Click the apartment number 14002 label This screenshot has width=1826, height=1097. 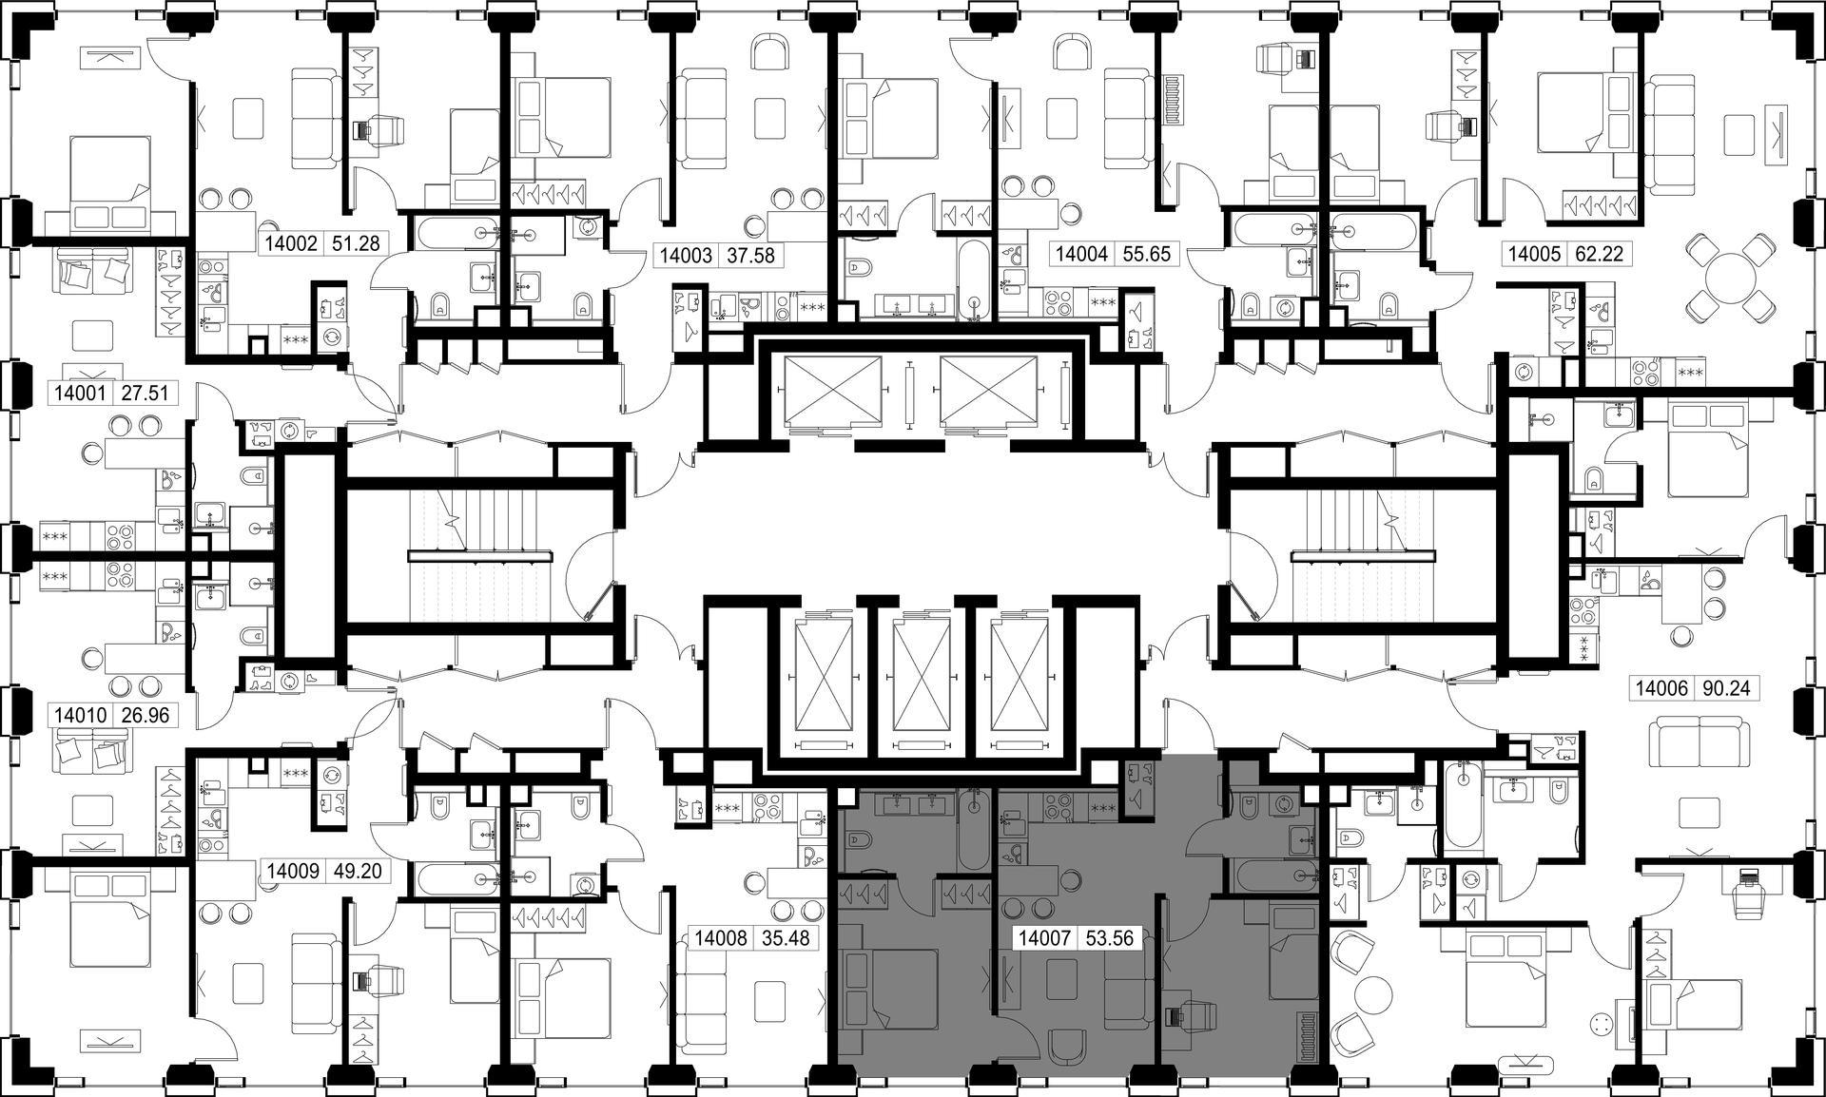coord(291,244)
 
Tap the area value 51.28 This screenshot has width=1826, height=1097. coord(356,244)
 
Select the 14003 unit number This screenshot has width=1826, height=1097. coord(686,256)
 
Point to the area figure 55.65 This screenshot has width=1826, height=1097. coord(1145,255)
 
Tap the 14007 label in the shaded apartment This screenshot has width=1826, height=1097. coord(1044,938)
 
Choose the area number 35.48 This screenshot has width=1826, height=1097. coord(786,938)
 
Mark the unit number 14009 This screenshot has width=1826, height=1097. coord(293,871)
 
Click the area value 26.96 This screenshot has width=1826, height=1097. coord(145,715)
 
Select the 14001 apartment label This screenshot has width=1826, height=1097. coord(79,393)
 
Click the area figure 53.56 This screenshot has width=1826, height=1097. coord(1109,938)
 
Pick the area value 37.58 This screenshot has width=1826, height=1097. coord(749,256)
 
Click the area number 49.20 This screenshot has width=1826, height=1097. coord(358,871)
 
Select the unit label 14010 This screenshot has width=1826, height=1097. coord(80,715)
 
